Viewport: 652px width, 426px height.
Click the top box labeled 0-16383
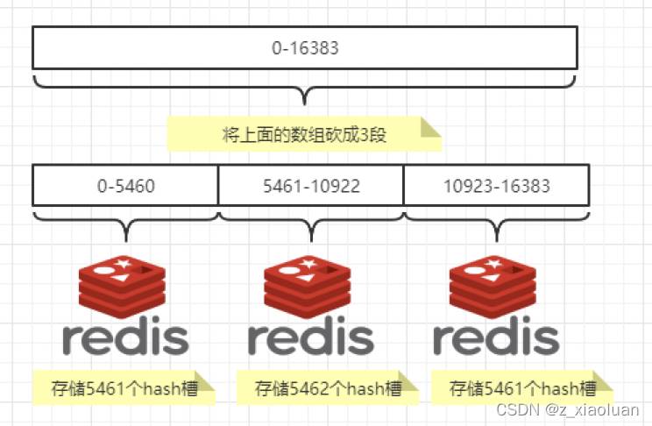[x=304, y=48]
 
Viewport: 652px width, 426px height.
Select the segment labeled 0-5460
[x=125, y=186]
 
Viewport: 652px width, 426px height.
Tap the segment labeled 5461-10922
[x=311, y=186]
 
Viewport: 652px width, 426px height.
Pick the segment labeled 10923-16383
[x=496, y=186]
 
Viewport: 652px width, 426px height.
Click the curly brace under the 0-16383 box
[x=304, y=88]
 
